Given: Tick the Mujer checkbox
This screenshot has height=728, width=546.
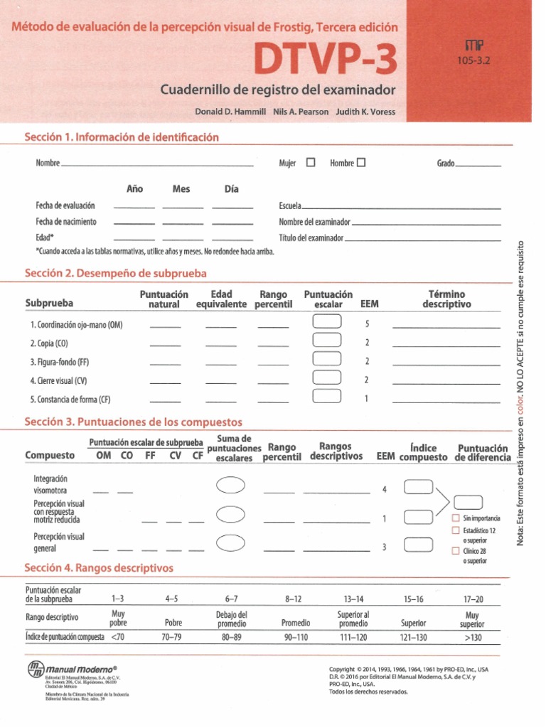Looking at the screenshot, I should (311, 163).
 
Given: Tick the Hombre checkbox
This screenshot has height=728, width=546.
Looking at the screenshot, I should (361, 163).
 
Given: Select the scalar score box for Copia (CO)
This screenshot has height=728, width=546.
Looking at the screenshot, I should (326, 342).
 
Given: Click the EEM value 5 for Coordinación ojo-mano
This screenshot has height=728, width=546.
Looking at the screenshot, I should (367, 323).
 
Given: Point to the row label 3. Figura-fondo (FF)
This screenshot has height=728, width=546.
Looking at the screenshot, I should (60, 361).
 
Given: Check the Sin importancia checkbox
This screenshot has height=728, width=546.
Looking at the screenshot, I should (456, 518).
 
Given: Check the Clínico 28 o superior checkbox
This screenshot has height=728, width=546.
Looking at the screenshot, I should (456, 551).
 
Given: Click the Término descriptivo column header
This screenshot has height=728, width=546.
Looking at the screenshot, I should (446, 299).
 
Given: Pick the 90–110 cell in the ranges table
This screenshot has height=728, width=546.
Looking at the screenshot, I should (296, 638).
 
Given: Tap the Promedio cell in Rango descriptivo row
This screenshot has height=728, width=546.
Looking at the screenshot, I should (296, 623).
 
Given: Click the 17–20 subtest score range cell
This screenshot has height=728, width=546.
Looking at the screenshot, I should (473, 599).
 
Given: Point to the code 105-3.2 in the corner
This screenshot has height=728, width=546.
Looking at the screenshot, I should (474, 60).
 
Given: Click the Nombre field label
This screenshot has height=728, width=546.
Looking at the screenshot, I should (47, 164).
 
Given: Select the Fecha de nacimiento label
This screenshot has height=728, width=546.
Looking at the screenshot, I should (66, 222).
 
